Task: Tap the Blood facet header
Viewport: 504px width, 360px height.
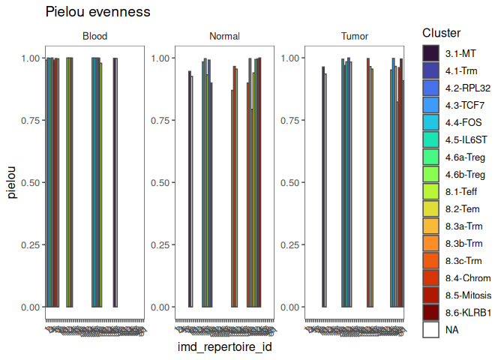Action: point(94,36)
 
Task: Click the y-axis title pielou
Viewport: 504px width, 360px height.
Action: point(11,182)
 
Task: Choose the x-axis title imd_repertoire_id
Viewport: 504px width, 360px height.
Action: point(224,348)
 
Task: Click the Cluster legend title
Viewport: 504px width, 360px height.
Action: point(441,33)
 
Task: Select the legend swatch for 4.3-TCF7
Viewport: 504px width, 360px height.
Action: point(430,105)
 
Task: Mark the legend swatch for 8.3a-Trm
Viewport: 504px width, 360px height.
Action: point(430,226)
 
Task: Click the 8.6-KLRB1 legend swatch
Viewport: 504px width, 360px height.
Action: point(430,312)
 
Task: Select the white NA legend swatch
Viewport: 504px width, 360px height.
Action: point(430,329)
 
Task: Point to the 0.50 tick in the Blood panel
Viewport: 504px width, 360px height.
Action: point(29,183)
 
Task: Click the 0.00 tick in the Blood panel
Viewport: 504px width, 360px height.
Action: point(29,307)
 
